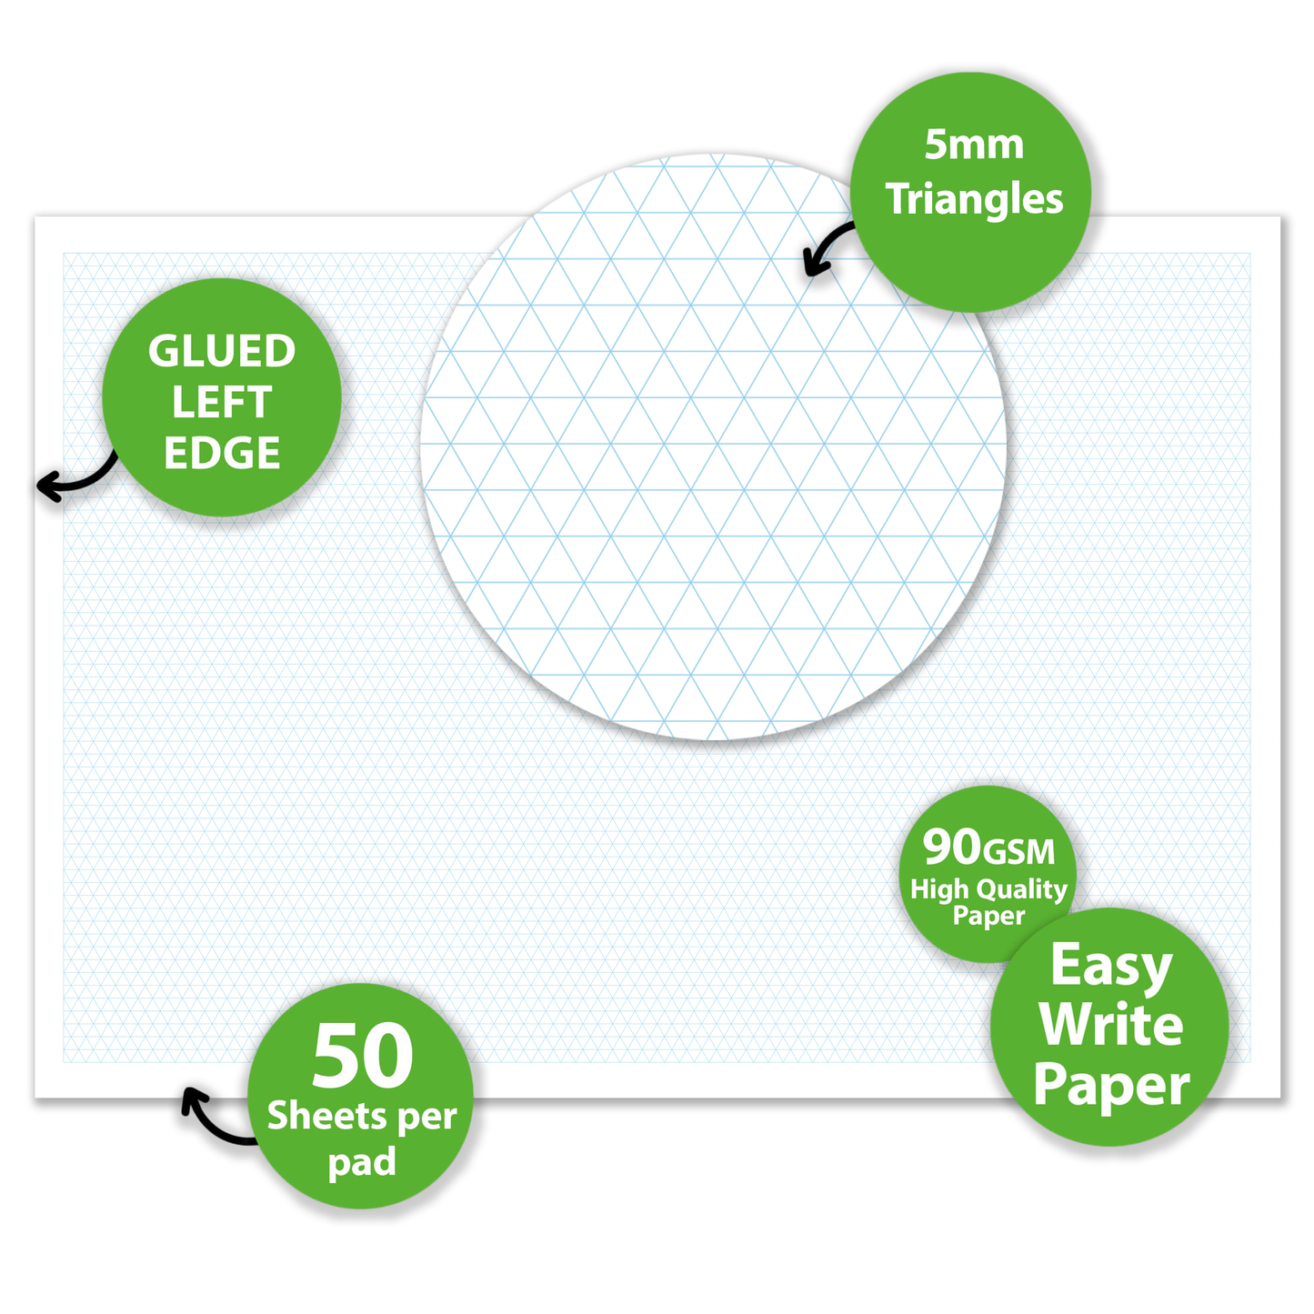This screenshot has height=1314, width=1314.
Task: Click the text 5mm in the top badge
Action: [973, 145]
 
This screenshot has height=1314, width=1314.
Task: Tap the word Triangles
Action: [974, 198]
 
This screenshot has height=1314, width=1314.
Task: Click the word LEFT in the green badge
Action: [222, 402]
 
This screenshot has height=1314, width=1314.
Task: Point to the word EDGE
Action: [222, 453]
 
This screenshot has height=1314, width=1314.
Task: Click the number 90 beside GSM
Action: [952, 847]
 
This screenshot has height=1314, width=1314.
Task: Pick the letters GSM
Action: [1019, 852]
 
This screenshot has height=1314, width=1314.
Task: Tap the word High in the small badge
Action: [939, 890]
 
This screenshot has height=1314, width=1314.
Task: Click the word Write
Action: [1111, 1026]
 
